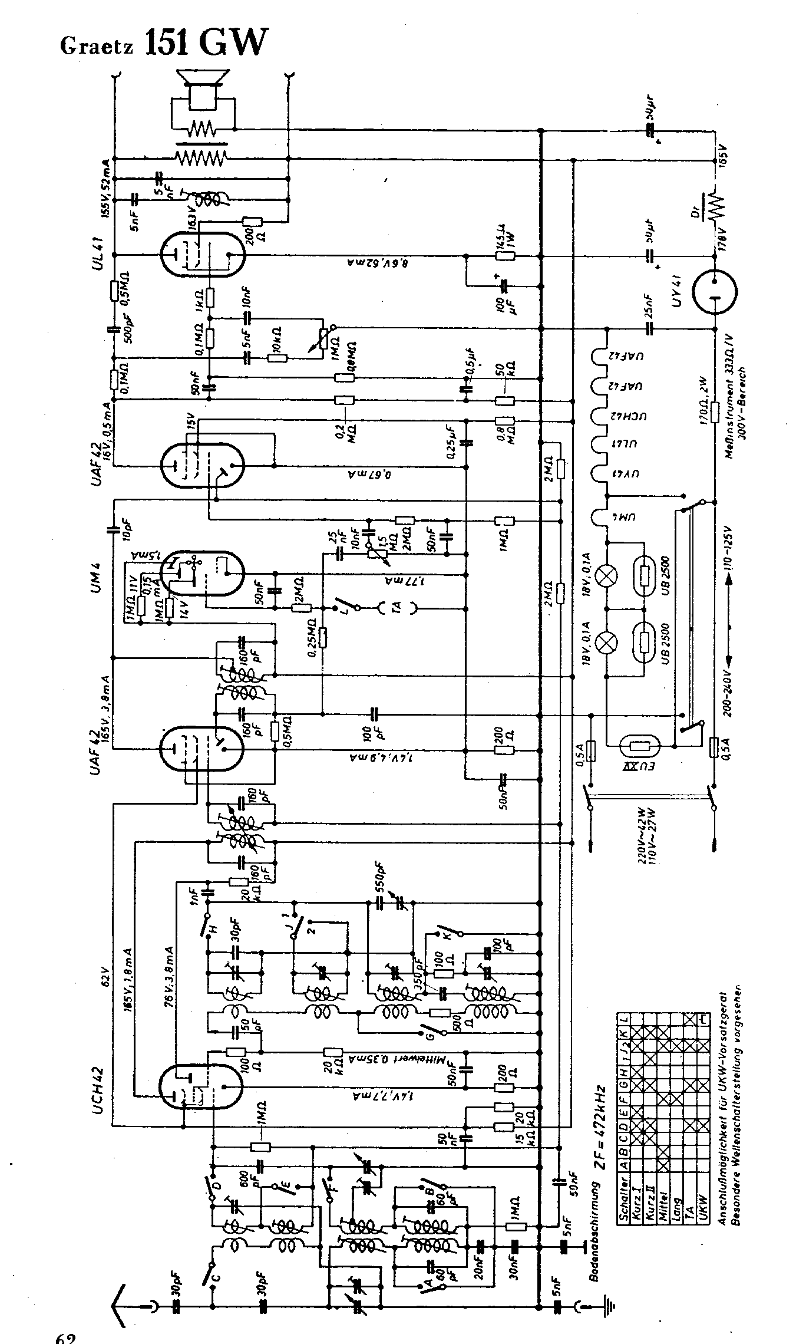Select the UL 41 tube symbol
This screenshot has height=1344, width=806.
[201, 255]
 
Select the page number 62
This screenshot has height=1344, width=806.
[66, 1337]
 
